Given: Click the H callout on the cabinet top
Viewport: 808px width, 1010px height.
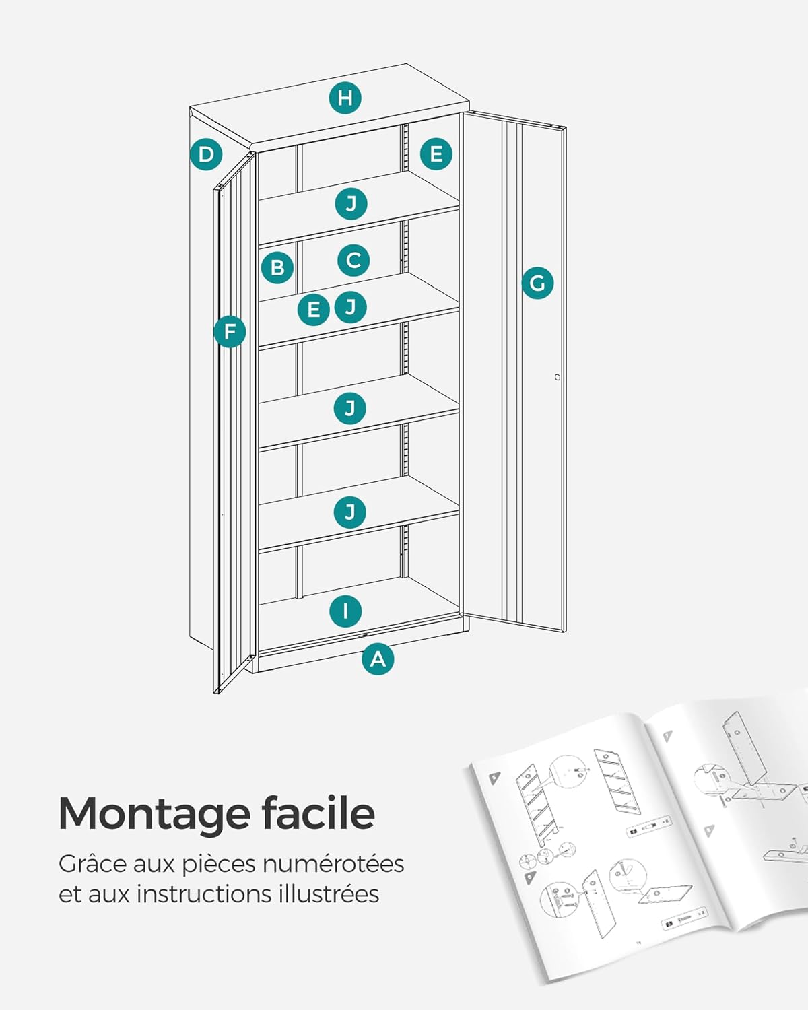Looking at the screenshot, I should tap(345, 98).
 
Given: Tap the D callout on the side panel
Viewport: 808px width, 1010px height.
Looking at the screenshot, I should tap(206, 155).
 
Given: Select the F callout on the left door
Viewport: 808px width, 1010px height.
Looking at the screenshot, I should tap(230, 332).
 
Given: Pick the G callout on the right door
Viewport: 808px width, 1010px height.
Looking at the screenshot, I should tap(537, 283).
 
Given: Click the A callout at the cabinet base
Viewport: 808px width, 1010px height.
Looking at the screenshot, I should tap(378, 659).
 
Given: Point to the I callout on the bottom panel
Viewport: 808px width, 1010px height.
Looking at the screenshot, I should tap(345, 611).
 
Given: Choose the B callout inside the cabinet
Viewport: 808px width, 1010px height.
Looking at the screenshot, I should tap(277, 268).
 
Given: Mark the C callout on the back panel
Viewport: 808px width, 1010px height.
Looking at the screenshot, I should tap(353, 261).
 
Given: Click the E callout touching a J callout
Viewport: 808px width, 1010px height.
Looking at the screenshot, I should tap(313, 310).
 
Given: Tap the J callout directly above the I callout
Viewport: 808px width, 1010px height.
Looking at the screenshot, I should tap(350, 512).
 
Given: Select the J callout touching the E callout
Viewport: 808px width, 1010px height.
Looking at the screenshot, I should tap(351, 307).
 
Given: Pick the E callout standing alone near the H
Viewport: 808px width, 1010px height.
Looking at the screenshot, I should tap(436, 154).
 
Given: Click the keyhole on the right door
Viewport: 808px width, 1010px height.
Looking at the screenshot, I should tap(558, 377).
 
